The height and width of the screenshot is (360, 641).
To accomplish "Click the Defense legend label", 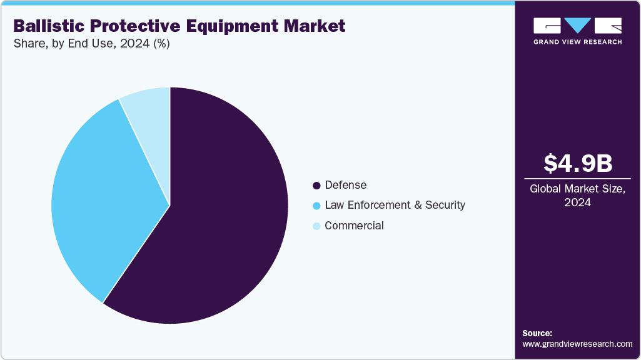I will coord(345,185).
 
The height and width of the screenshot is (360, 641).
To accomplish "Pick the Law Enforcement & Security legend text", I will coord(395,205).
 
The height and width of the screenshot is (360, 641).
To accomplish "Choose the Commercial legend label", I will coord(354,226).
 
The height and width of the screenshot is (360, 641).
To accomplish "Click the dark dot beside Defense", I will coord(316,186).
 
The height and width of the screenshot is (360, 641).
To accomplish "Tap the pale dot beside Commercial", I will coord(316,226).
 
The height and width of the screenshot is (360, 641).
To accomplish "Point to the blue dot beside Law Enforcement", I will coord(316,206).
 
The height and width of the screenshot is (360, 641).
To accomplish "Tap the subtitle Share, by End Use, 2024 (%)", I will coord(91,44).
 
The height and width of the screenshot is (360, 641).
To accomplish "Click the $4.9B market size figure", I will coord(577,163).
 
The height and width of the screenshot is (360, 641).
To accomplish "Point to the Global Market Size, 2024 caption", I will coord(577,195).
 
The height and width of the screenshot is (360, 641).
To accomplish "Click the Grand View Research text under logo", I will coord(577,42).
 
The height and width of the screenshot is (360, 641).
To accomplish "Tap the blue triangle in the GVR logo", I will coord(577,25).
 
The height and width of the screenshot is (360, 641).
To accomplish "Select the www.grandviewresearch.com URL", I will coord(577,344).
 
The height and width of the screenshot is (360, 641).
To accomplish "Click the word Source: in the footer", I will coord(537,333).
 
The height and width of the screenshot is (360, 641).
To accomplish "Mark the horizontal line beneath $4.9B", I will coord(577,179).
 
